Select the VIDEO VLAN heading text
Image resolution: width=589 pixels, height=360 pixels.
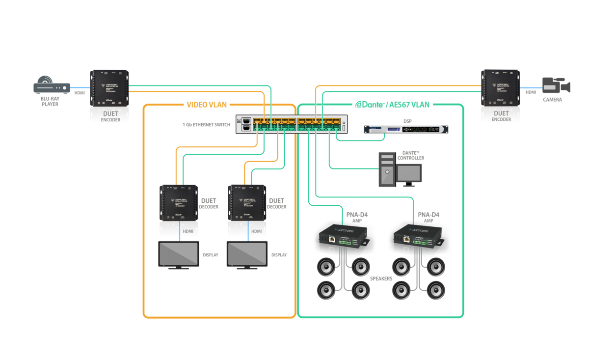tap(207, 105)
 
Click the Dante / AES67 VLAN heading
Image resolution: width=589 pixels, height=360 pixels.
tap(392, 105)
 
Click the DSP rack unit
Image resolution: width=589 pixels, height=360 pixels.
tap(406, 129)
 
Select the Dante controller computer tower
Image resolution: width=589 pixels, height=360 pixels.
tap(387, 169)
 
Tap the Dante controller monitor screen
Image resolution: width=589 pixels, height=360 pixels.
tap(409, 173)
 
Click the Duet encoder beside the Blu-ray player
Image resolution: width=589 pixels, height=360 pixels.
tap(109, 96)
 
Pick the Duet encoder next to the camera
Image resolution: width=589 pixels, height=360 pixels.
tap(500, 96)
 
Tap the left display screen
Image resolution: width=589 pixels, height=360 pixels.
tap(179, 253)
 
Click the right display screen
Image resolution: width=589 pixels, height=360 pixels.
tap(247, 253)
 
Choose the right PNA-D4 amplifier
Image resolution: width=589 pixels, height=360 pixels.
tap(418, 239)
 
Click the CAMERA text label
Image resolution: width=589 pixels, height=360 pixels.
tap(552, 100)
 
